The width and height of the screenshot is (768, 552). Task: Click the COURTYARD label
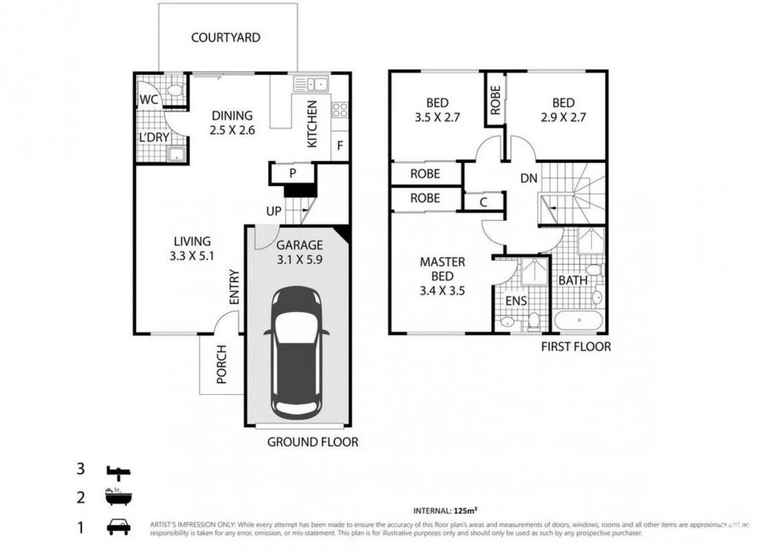[x=226, y=37]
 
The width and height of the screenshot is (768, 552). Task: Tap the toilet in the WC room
[x=175, y=90]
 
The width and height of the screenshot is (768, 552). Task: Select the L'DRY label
[x=154, y=137]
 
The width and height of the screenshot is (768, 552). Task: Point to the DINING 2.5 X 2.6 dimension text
[x=232, y=123]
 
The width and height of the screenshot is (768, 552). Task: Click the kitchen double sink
[x=310, y=83]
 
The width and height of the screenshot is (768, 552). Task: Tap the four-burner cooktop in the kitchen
[x=340, y=110]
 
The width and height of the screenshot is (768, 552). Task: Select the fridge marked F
[x=340, y=146]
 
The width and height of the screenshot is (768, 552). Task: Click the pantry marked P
[x=293, y=173]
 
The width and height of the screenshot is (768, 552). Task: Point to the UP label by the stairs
[x=274, y=211]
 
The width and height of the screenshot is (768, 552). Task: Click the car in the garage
[x=297, y=353]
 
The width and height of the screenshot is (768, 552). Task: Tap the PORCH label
[x=221, y=364]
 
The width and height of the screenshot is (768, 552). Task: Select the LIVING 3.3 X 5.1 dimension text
[x=192, y=248]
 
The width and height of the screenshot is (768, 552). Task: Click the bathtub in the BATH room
[x=579, y=320]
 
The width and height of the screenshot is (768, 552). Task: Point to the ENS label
[x=516, y=301]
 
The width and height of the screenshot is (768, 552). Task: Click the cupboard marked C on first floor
[x=484, y=202]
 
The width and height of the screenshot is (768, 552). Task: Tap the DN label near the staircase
[x=529, y=178]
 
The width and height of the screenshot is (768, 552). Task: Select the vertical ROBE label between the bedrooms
[x=495, y=100]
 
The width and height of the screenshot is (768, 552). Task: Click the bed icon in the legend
[x=118, y=471]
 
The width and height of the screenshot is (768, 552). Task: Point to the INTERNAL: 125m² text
[x=445, y=510]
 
